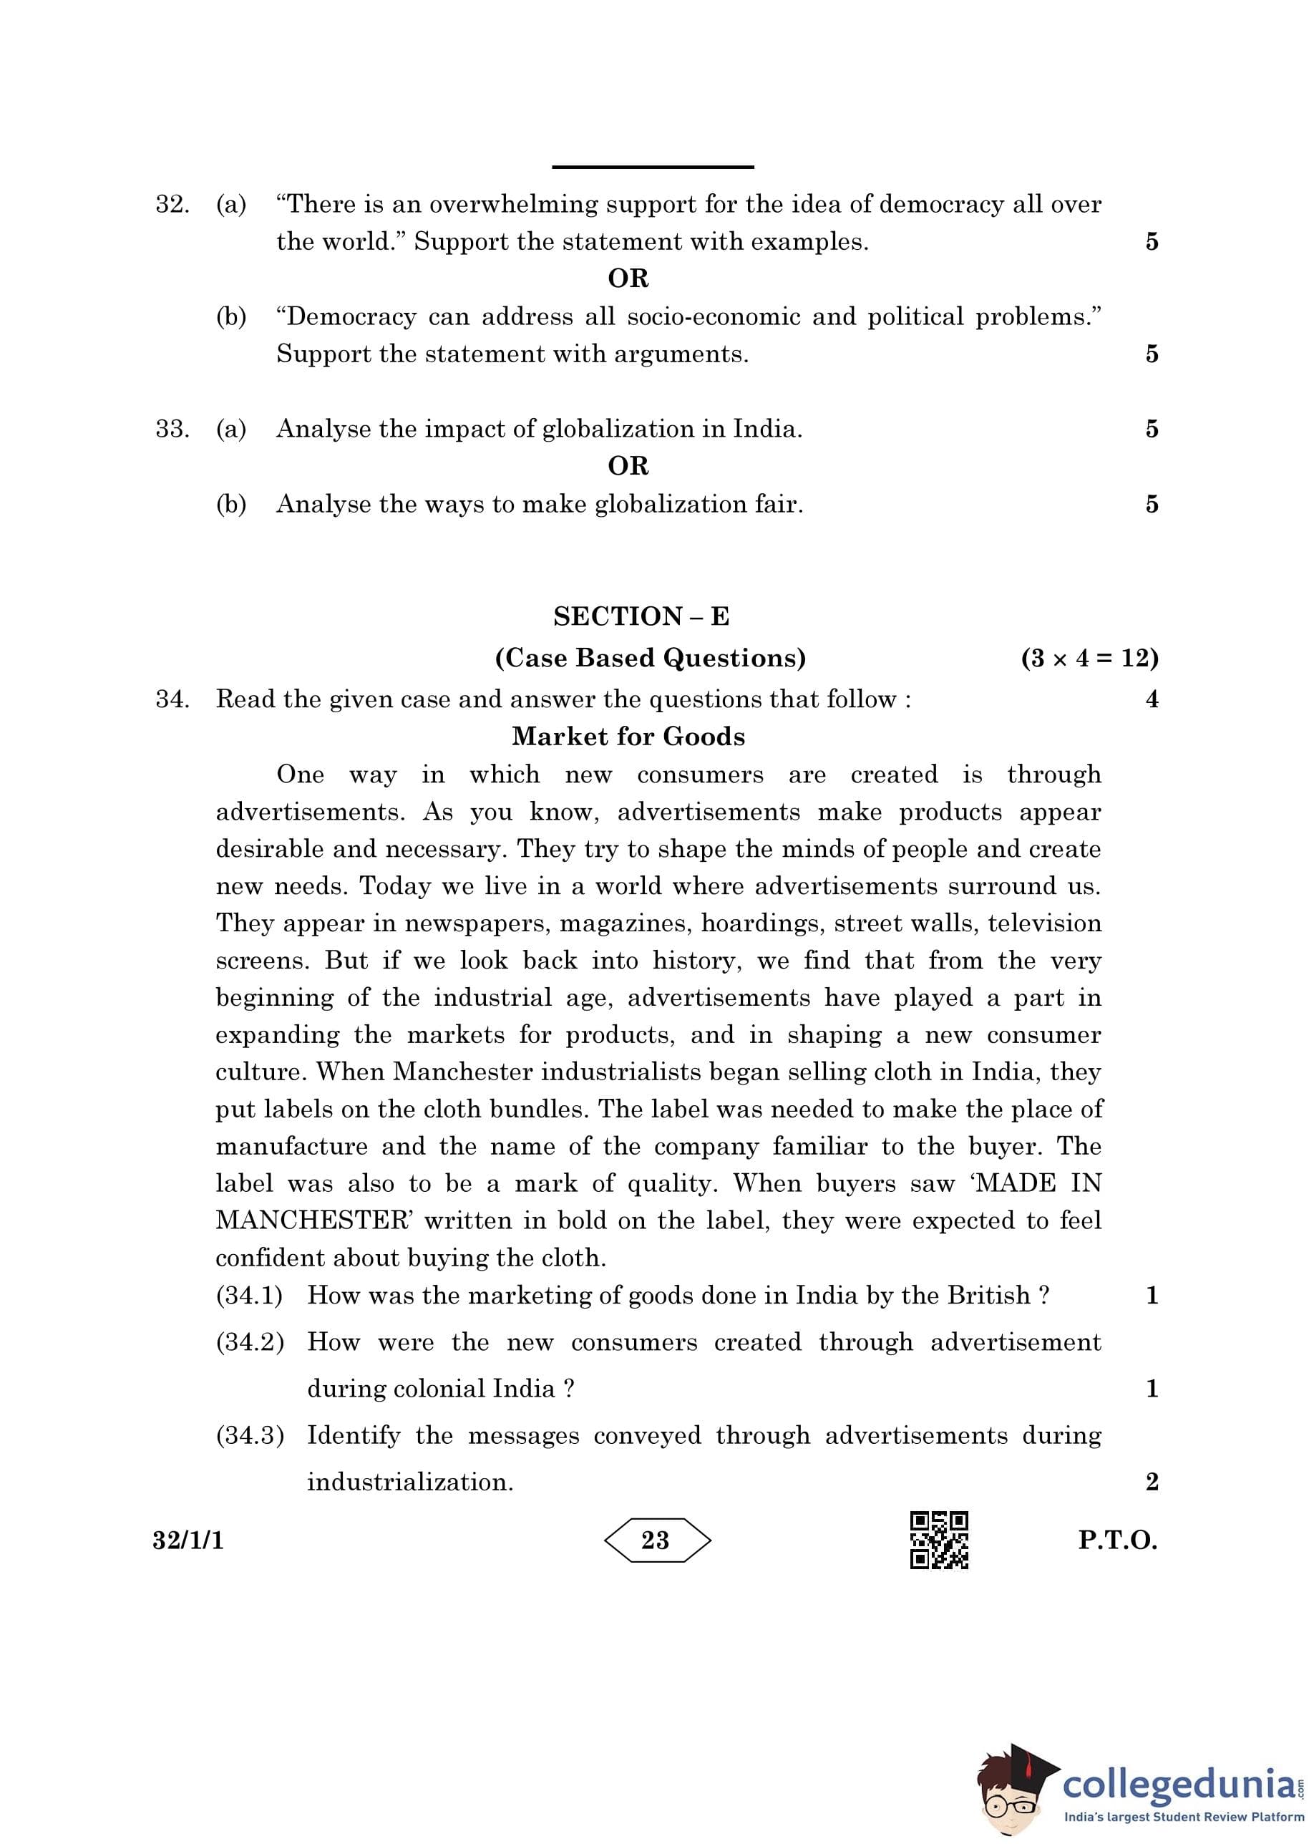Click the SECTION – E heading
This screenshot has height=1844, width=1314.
(x=641, y=616)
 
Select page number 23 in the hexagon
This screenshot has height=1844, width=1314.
(x=656, y=1540)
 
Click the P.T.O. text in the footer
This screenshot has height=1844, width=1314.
(x=1117, y=1540)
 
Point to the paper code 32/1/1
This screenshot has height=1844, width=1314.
(x=188, y=1540)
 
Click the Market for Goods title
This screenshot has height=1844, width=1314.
(x=628, y=737)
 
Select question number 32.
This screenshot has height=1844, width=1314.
(x=172, y=204)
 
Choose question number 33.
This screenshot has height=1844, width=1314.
(x=172, y=429)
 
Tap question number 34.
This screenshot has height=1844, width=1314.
(x=172, y=699)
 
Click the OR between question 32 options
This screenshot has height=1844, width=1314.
(x=628, y=278)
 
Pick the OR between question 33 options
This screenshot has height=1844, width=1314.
(x=628, y=466)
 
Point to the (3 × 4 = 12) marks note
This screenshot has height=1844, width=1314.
(x=1089, y=658)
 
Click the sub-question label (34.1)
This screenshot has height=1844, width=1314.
(x=249, y=1296)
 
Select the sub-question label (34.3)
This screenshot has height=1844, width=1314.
(x=250, y=1435)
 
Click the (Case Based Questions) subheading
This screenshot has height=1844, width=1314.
(x=651, y=658)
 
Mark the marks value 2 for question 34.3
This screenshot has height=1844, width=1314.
(x=1152, y=1482)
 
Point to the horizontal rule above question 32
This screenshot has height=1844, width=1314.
(x=652, y=168)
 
